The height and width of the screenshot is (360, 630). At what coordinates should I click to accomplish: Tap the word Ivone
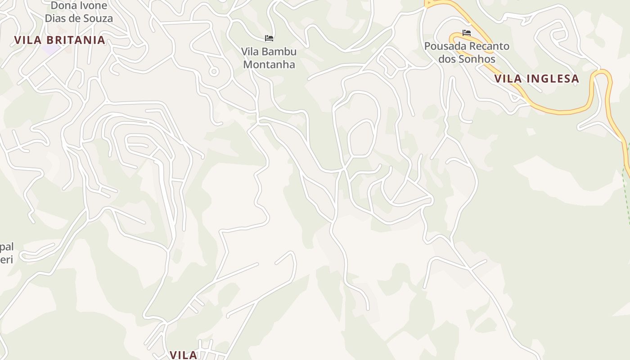[x=94, y=6]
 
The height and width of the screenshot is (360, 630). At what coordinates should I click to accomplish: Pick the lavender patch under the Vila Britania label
[x=51, y=49]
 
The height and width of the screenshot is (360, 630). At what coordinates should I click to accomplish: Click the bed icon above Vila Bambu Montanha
[x=269, y=38]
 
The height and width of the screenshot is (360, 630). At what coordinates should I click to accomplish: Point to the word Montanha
[x=269, y=64]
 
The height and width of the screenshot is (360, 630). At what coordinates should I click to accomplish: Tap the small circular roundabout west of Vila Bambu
[x=214, y=71]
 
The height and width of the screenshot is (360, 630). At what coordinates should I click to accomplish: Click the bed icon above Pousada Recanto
[x=466, y=33]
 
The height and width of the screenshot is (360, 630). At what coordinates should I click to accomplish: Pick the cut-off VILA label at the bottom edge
[x=184, y=355]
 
